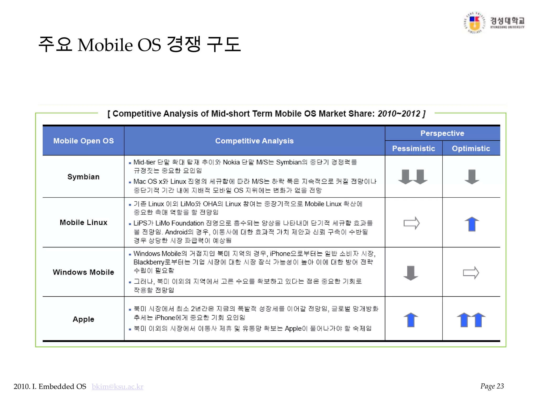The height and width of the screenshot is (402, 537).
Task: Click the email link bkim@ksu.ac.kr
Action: (x=117, y=387)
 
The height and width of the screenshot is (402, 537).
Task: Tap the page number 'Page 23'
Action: (x=492, y=386)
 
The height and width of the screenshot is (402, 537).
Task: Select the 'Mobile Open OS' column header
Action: (x=83, y=141)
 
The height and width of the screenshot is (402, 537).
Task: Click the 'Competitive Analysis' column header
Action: (x=254, y=141)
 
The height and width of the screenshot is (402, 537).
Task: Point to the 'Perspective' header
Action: (x=442, y=133)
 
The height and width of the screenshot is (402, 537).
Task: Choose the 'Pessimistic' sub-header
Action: (x=414, y=148)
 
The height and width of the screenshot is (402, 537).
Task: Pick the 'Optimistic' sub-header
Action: (x=471, y=148)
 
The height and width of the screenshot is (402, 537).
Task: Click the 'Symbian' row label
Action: (x=83, y=177)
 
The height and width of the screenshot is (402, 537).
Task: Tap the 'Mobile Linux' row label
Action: (x=83, y=222)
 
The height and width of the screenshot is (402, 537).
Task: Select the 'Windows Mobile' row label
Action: (x=83, y=272)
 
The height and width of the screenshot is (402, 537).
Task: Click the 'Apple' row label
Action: (x=83, y=319)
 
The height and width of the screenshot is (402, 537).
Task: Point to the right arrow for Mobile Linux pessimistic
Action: (x=411, y=223)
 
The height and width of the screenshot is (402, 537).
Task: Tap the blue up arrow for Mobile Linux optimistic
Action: (x=472, y=224)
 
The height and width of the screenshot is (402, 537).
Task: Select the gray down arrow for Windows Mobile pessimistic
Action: (x=411, y=273)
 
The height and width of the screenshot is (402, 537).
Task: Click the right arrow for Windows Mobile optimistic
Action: (x=471, y=273)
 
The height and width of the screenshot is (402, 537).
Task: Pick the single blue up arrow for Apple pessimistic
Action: (x=411, y=320)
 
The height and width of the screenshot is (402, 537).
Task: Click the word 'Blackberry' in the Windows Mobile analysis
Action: (x=149, y=262)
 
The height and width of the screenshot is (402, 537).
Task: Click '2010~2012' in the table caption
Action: (x=399, y=114)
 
